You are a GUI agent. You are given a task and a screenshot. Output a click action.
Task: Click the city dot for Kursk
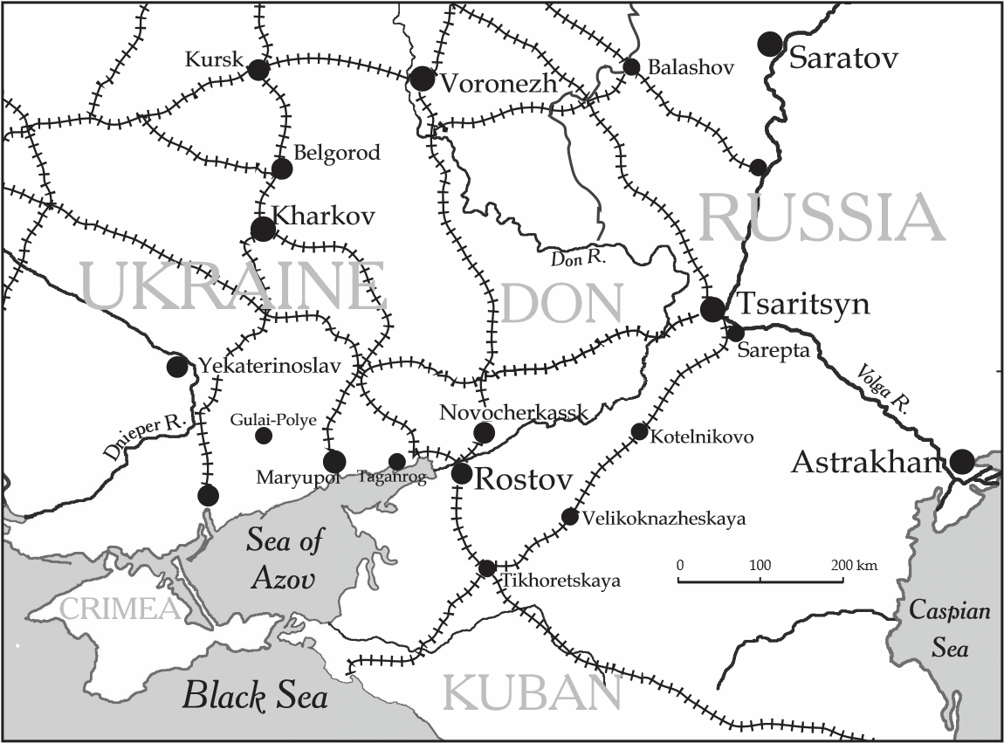click(x=258, y=70)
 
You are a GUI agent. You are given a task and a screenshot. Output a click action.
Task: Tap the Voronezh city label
click(x=499, y=84)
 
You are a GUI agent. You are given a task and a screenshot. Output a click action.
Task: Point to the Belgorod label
click(x=337, y=153)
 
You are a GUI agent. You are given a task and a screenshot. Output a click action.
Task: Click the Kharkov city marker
click(x=263, y=230)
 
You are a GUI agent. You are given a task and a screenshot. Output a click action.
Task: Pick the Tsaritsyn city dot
click(x=712, y=308)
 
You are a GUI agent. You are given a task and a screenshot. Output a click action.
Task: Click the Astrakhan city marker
click(x=962, y=461)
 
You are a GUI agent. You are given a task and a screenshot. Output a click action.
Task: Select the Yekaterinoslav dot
click(x=177, y=367)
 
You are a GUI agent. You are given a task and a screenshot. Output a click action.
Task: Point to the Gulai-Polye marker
click(x=264, y=435)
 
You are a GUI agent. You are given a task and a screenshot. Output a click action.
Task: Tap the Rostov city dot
click(x=462, y=474)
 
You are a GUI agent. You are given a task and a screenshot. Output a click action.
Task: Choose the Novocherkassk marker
click(x=484, y=432)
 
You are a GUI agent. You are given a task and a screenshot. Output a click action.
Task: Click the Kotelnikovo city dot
click(x=639, y=431)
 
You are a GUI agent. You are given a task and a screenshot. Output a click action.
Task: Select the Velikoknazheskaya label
click(x=665, y=519)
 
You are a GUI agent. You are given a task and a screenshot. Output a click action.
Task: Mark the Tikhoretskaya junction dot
click(x=487, y=568)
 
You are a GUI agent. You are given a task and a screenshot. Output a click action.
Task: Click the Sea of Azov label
click(x=285, y=559)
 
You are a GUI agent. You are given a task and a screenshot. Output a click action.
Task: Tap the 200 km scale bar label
click(x=855, y=565)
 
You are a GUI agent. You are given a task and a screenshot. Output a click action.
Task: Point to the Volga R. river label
click(x=885, y=388)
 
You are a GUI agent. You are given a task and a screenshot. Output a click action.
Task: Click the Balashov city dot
click(x=631, y=67)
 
